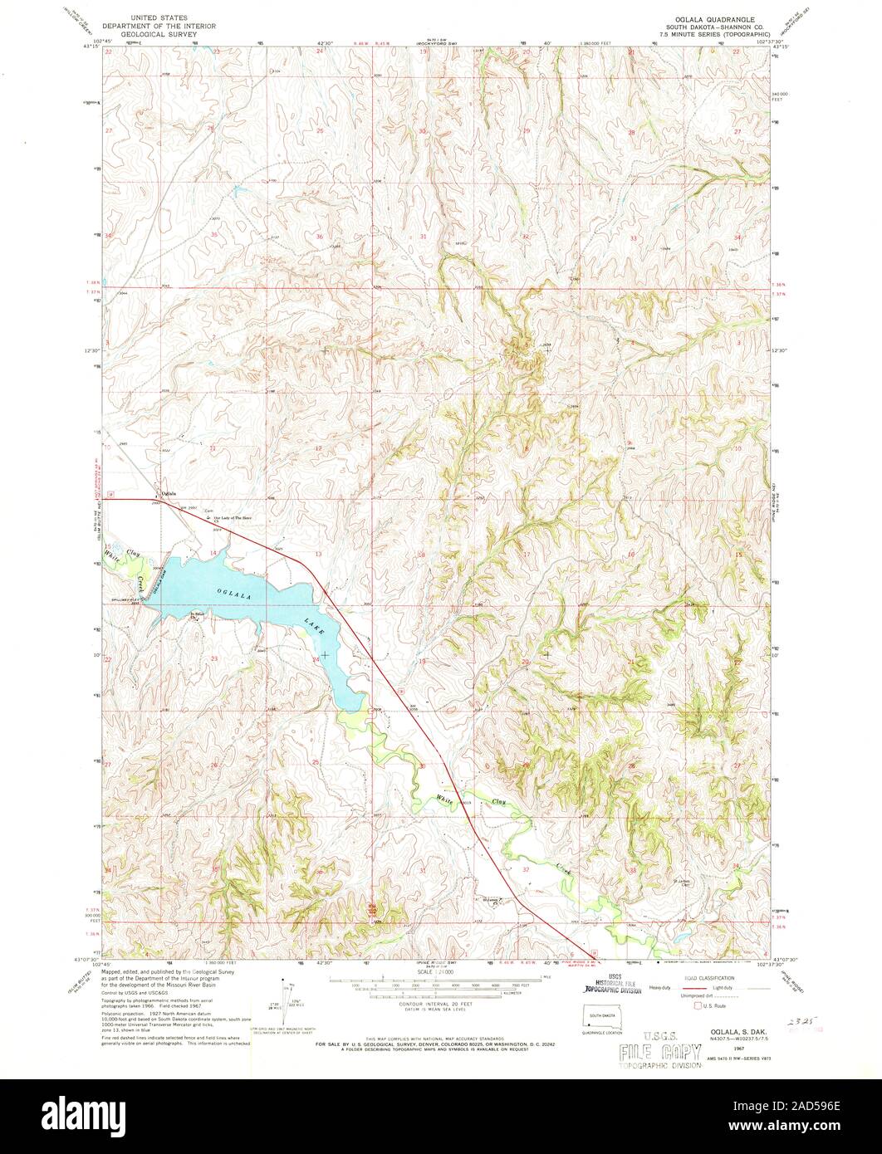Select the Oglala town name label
(x=169, y=494)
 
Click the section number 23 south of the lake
(x=213, y=658)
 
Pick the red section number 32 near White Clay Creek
(x=525, y=868)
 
